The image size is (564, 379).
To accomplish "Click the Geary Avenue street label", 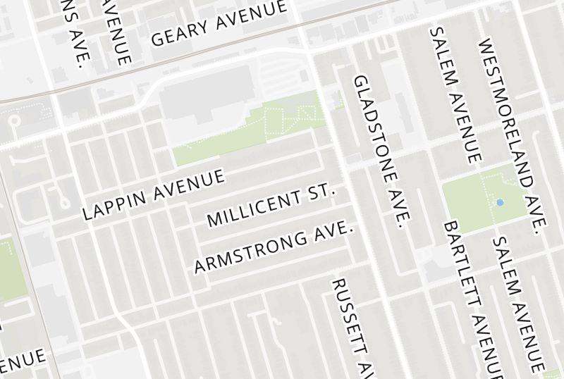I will click(219, 23).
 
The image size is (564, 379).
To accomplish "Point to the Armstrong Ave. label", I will click(273, 249).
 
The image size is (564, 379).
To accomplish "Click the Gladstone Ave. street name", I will click(381, 151).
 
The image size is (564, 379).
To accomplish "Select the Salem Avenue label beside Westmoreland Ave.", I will click(455, 94).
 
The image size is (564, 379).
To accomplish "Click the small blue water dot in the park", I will click(500, 202).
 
